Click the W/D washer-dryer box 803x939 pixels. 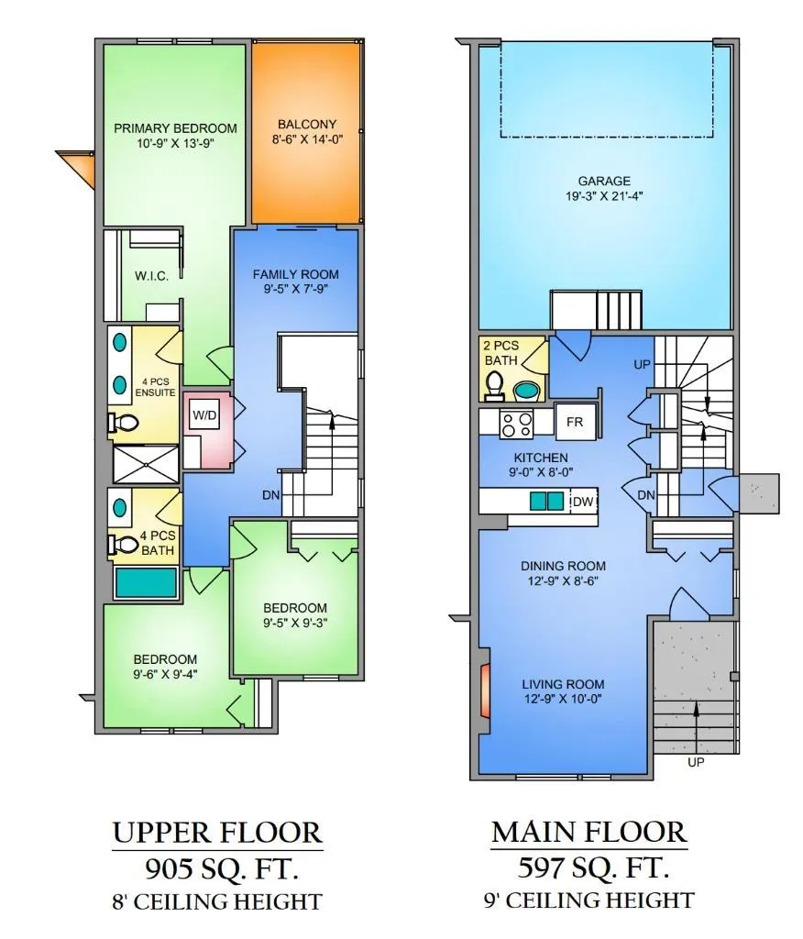point(204,414)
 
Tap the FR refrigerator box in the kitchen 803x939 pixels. point(575,422)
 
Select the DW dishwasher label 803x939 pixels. point(582,502)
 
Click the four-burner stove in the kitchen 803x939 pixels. point(516,424)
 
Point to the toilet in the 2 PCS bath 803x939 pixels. point(494,386)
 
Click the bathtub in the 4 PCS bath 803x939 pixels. point(146,582)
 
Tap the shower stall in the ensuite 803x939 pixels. point(146,463)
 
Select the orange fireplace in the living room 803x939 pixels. point(486,690)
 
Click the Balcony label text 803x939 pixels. point(307,125)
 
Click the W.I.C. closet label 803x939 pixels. point(151,276)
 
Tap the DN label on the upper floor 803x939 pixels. point(270,495)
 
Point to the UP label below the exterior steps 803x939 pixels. point(696,762)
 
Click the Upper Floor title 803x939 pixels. point(217,833)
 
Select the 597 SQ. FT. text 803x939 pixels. point(592,867)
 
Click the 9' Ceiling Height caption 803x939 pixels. point(589,900)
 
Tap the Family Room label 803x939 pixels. point(296,274)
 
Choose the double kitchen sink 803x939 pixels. point(546,501)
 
